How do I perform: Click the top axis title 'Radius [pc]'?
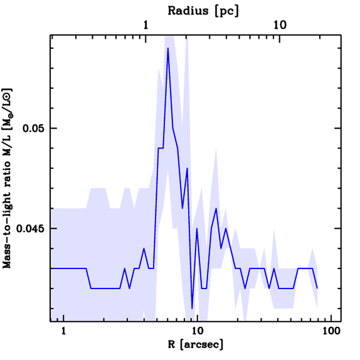coord(203,11)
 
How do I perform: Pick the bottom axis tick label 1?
coord(64,331)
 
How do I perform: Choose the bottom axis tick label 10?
coord(197,331)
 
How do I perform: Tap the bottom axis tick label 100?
coord(331,331)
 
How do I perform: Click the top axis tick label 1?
coord(146,25)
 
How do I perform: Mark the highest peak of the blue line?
coord(168,48)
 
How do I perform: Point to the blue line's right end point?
coord(317,288)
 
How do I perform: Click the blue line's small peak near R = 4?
coord(144,248)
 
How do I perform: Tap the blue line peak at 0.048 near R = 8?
coord(187,168)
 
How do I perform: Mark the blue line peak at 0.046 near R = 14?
coord(216,208)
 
